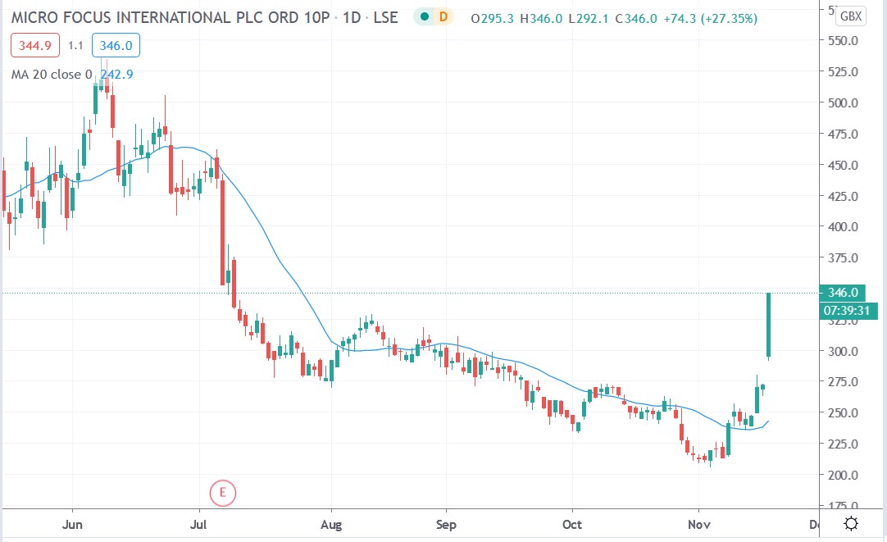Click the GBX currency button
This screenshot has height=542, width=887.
[x=853, y=16]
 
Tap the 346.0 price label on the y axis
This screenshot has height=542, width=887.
[x=843, y=293]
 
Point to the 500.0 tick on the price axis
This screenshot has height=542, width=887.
[x=843, y=102]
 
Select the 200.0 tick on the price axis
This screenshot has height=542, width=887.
[x=843, y=475]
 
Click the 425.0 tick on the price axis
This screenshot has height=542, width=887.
[x=843, y=196]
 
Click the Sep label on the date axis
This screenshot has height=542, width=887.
[x=445, y=523]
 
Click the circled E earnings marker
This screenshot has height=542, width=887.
[x=222, y=493]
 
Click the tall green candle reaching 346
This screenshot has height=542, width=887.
[x=769, y=326]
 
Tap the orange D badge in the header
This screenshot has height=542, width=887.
[x=443, y=16]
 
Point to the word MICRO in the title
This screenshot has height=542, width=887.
[x=38, y=16]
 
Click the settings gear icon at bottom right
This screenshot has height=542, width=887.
[x=852, y=524]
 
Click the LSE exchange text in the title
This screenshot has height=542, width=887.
[x=384, y=16]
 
